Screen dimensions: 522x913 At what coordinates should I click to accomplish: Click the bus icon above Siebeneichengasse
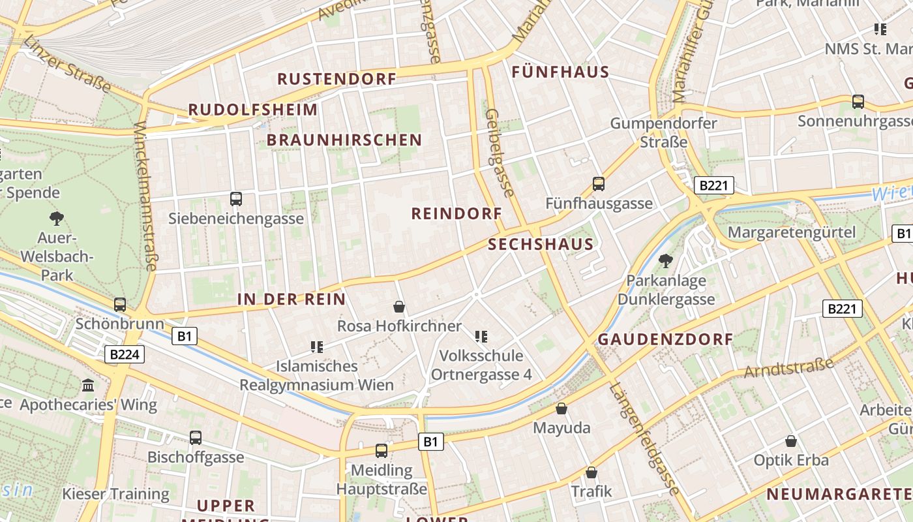pyautogui.click(x=236, y=199)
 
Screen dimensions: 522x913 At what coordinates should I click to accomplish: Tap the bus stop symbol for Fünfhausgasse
pyautogui.click(x=599, y=184)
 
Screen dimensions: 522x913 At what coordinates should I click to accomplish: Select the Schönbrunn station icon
pyautogui.click(x=120, y=305)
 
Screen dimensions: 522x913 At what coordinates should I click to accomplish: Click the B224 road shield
pyautogui.click(x=124, y=354)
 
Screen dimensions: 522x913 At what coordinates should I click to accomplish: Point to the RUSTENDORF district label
pyautogui.click(x=337, y=79)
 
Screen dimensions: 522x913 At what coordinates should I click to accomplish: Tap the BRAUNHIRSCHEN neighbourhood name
pyautogui.click(x=344, y=140)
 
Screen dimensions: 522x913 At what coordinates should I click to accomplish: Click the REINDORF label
pyautogui.click(x=456, y=213)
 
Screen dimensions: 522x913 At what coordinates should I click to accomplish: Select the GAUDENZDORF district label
pyautogui.click(x=665, y=339)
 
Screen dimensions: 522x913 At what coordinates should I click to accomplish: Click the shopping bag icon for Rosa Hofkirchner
pyautogui.click(x=399, y=307)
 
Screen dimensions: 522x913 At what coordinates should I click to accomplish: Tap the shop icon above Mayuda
pyautogui.click(x=561, y=409)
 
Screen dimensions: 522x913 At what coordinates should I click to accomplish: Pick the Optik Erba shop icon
pyautogui.click(x=791, y=441)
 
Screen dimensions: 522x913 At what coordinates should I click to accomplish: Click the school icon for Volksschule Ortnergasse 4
pyautogui.click(x=481, y=337)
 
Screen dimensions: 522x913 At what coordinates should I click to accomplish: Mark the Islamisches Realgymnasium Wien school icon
pyautogui.click(x=317, y=347)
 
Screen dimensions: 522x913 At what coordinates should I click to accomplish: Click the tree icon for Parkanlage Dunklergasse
pyautogui.click(x=666, y=262)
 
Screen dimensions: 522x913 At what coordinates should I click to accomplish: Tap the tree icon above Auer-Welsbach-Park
pyautogui.click(x=57, y=219)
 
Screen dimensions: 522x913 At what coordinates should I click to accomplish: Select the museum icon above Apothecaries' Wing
pyautogui.click(x=89, y=386)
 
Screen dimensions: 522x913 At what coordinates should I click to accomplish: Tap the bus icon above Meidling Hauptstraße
pyautogui.click(x=382, y=451)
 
